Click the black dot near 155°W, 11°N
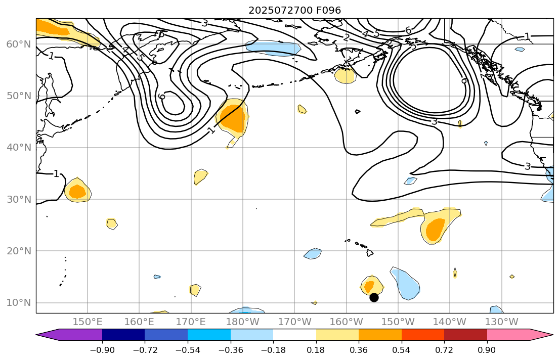[x=374, y=297]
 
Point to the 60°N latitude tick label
[x=19, y=44]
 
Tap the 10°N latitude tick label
[x=19, y=303]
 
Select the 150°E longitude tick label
[x=88, y=322]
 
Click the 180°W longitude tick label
[x=242, y=322]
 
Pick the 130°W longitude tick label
[x=501, y=322]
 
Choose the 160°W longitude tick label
[x=346, y=322]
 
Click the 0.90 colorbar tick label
[x=487, y=350]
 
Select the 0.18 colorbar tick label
[x=316, y=350]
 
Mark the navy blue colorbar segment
[x=123, y=335]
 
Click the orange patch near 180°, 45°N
[x=234, y=120]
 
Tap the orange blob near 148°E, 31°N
[x=77, y=192]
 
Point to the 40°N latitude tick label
[x=19, y=148]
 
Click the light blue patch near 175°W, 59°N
[x=274, y=48]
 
